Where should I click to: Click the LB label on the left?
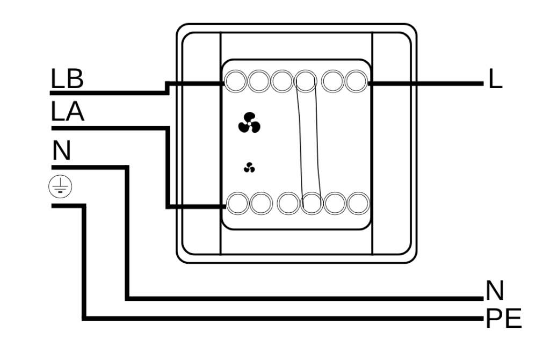67,79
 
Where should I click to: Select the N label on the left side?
61,150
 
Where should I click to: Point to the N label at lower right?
495,291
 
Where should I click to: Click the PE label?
504,319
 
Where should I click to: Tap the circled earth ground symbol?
60,186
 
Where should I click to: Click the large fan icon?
249,123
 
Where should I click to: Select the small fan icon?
249,168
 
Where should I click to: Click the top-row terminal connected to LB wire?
235,82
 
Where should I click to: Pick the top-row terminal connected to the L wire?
357,82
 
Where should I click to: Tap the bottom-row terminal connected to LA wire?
238,203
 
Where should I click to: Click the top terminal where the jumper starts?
306,82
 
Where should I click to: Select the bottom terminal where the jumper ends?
312,203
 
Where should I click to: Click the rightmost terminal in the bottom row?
358,203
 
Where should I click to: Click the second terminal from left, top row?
259,82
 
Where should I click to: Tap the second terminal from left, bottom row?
262,203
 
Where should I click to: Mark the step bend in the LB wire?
168,88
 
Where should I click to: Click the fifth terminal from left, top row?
333,82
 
